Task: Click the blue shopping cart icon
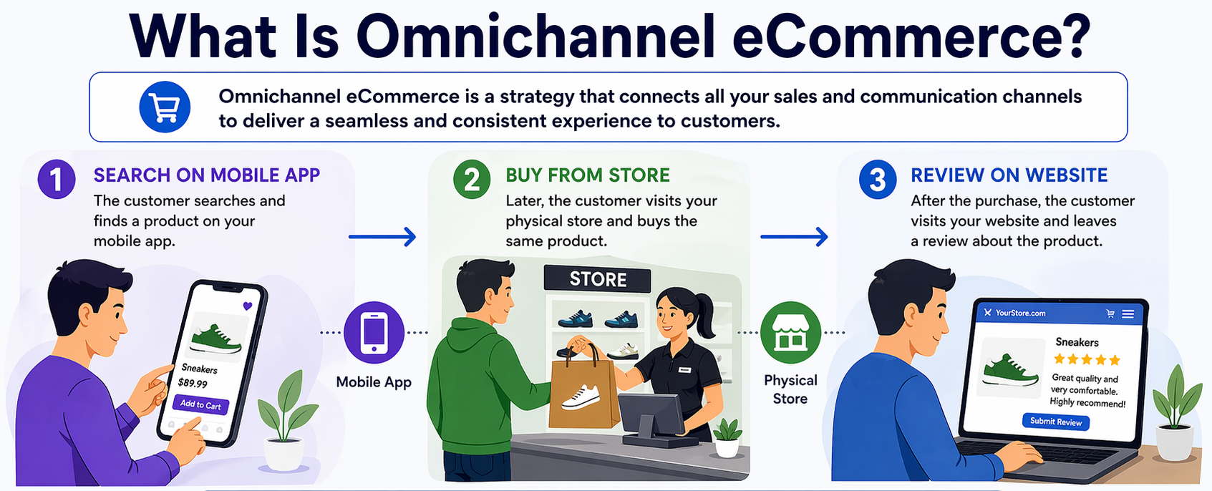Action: (x=165, y=107)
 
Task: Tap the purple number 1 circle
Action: (x=57, y=179)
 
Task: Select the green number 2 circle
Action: (x=472, y=179)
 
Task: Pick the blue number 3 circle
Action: (x=878, y=179)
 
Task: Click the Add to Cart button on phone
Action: (x=200, y=404)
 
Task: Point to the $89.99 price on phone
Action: (x=193, y=384)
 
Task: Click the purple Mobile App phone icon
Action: (x=374, y=333)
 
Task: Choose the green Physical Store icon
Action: (x=790, y=333)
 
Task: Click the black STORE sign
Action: (x=598, y=279)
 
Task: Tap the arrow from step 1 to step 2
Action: (x=382, y=237)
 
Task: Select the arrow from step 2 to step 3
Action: (x=794, y=237)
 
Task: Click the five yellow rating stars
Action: (x=1087, y=359)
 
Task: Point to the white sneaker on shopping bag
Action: (x=581, y=397)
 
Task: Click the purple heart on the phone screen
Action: (x=248, y=306)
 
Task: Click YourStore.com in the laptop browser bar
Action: (x=1019, y=313)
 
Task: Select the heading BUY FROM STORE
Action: (x=587, y=175)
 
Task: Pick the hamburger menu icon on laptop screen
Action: (x=1128, y=313)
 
